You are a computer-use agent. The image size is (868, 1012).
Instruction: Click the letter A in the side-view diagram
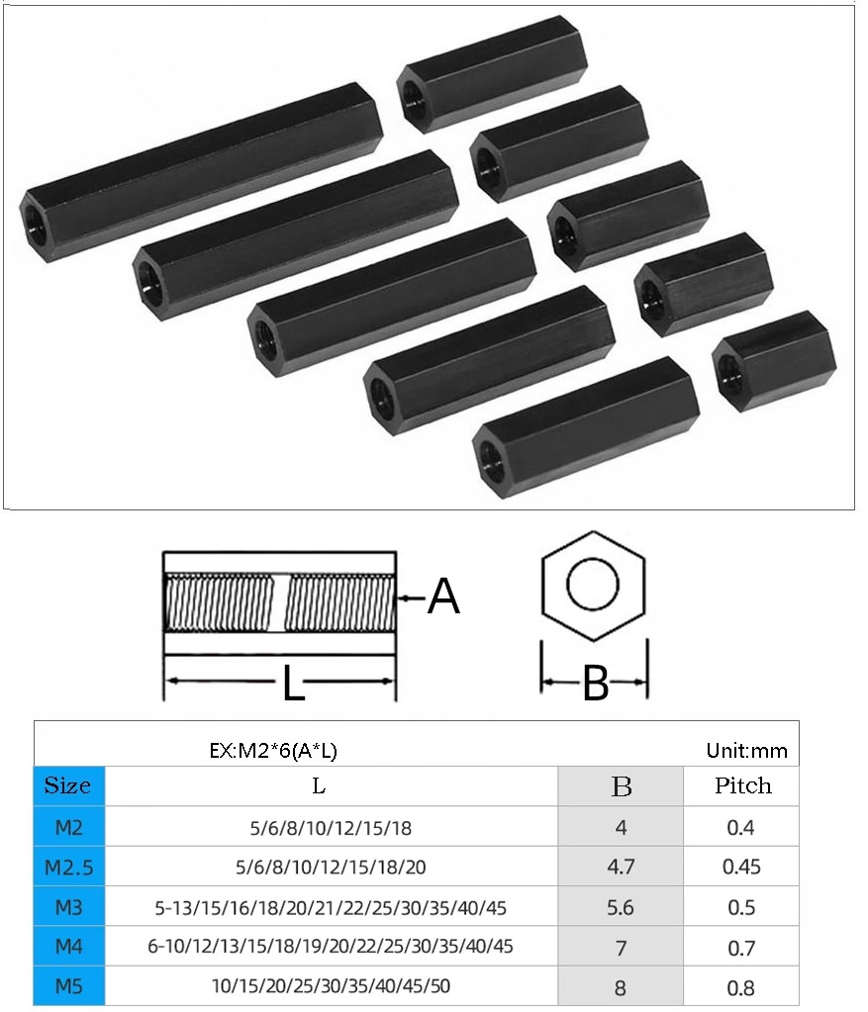(443, 597)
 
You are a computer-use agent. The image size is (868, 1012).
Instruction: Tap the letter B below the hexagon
(595, 683)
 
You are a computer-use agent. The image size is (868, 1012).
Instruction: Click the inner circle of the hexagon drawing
(593, 586)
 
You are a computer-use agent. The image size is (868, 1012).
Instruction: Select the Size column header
(68, 786)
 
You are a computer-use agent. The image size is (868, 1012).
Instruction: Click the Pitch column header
(742, 786)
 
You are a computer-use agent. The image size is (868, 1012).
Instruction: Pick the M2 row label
(68, 827)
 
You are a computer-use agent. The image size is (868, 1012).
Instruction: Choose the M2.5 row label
(68, 868)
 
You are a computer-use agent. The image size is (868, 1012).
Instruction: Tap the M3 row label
(68, 907)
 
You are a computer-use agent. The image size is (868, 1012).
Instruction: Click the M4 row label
(68, 947)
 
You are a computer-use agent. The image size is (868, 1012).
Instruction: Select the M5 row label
(68, 986)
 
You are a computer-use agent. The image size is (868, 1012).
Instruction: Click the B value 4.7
(621, 868)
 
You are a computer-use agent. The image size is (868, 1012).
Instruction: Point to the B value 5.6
(621, 907)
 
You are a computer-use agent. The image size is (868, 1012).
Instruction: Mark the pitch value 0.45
(741, 868)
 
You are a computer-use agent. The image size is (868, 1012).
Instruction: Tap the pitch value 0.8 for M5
(741, 987)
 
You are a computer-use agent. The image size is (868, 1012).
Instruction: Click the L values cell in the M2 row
(331, 827)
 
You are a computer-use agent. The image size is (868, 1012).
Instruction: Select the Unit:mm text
(747, 751)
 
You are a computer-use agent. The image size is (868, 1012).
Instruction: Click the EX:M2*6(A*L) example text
(273, 751)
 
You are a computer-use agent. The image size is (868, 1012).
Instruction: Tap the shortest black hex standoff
(773, 360)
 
